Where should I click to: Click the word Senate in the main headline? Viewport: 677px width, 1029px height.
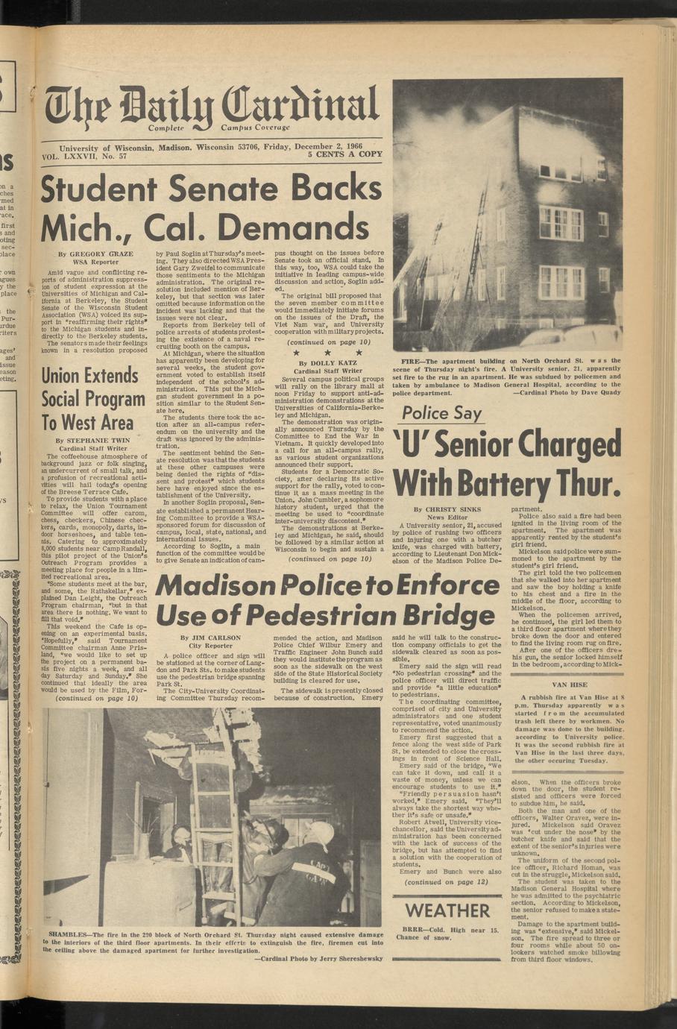pyautogui.click(x=200, y=188)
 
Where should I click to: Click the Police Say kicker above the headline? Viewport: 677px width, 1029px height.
pyautogui.click(x=441, y=414)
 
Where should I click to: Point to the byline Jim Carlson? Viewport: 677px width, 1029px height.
pyautogui.click(x=210, y=638)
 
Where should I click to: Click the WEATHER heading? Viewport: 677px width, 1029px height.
pyautogui.click(x=447, y=910)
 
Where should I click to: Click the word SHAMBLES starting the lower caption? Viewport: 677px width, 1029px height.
pyautogui.click(x=68, y=934)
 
